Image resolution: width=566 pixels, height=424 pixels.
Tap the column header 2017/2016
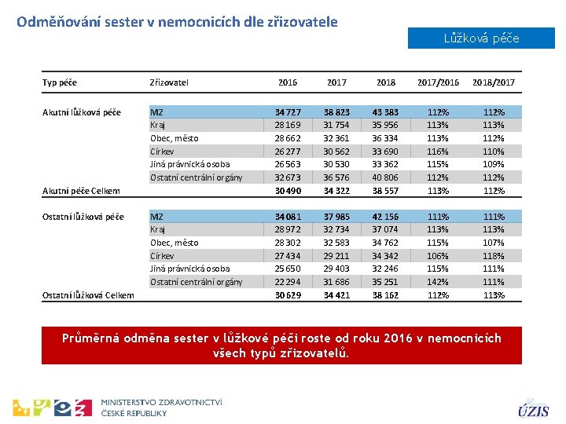point(438,82)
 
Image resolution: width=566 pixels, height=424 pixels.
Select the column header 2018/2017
point(493,82)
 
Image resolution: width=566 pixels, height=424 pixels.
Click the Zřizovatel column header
point(169,82)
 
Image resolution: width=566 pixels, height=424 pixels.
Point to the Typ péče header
point(60,82)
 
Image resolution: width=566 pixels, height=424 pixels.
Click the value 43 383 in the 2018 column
point(386,112)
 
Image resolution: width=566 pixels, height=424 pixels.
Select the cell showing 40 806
point(386,177)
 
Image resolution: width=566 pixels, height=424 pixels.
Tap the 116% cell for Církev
point(437,152)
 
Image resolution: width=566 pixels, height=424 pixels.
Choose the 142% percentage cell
point(437,282)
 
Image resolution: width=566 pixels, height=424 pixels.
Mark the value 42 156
point(386,217)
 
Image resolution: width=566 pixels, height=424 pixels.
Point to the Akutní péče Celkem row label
point(81,191)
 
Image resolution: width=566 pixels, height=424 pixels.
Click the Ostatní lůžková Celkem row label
point(87,295)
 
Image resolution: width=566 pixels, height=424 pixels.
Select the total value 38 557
point(386,191)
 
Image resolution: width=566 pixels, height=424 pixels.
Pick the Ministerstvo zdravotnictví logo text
point(162,407)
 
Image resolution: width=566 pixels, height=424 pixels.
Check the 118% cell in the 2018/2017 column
point(493,256)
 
